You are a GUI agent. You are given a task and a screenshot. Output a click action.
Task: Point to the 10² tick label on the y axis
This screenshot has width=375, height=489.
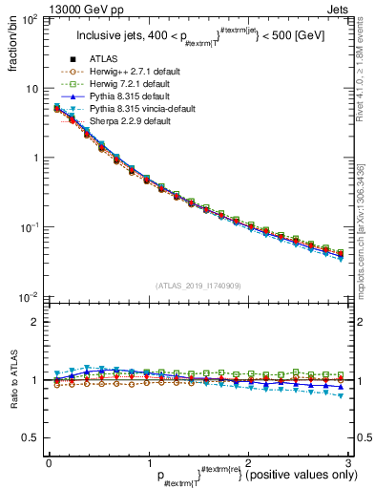[x=31, y=20]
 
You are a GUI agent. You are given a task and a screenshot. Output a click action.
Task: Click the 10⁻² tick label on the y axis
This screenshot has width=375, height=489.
[x=31, y=297]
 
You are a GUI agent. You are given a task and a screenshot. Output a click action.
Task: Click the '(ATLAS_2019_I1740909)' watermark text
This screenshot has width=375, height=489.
[x=197, y=286]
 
